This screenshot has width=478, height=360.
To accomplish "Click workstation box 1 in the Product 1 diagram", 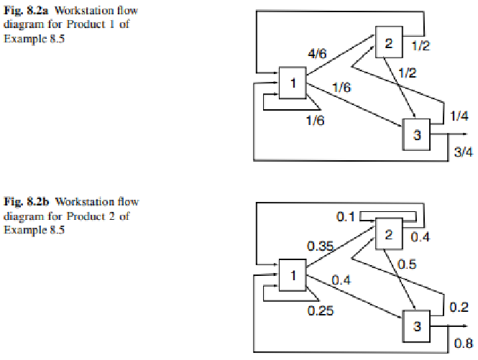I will click(x=293, y=85).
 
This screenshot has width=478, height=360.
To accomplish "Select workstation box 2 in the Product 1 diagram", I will click(x=388, y=44).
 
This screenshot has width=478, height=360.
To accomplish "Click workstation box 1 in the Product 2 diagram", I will click(x=293, y=275).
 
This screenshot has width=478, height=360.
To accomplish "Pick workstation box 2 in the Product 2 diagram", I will click(x=389, y=235).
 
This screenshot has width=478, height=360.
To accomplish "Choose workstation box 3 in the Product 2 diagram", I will click(x=417, y=325).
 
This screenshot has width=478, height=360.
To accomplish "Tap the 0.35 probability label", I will click(x=320, y=246).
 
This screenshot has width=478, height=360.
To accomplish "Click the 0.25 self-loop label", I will click(x=320, y=310).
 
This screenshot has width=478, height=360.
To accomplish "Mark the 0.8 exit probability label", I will click(x=464, y=342).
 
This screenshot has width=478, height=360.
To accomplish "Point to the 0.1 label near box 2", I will click(x=346, y=216).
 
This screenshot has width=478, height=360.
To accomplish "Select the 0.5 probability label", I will click(x=406, y=264).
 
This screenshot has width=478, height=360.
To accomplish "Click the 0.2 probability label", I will click(x=460, y=306).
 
